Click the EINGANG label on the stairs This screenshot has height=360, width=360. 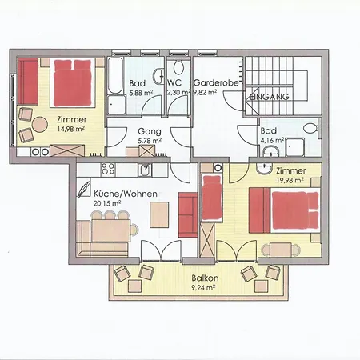click(x=270, y=97)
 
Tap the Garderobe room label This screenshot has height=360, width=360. click(x=216, y=82)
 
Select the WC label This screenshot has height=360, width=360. click(x=174, y=82)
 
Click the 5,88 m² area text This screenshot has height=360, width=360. click(x=141, y=93)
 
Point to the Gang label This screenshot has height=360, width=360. click(x=150, y=131)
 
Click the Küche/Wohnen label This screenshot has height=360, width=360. click(x=126, y=194)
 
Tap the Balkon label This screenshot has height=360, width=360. click(x=205, y=278)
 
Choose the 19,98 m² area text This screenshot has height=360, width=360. click(x=290, y=181)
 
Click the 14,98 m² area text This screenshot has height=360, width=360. click(x=71, y=129)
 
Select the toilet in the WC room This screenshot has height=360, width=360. click(x=178, y=67)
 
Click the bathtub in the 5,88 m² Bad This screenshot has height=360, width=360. click(x=115, y=75)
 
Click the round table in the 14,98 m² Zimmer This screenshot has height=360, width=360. click(x=40, y=125)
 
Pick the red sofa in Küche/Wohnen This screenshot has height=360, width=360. click(x=188, y=214)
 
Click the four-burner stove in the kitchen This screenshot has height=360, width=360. click(x=108, y=170)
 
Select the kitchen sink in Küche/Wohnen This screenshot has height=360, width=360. click(x=145, y=170)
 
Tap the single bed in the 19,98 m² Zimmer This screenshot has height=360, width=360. click(x=212, y=198)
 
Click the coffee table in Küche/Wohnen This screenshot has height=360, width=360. click(x=159, y=214)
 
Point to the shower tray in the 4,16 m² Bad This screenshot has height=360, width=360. click(x=295, y=146)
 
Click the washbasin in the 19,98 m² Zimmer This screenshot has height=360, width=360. click(x=264, y=168)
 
